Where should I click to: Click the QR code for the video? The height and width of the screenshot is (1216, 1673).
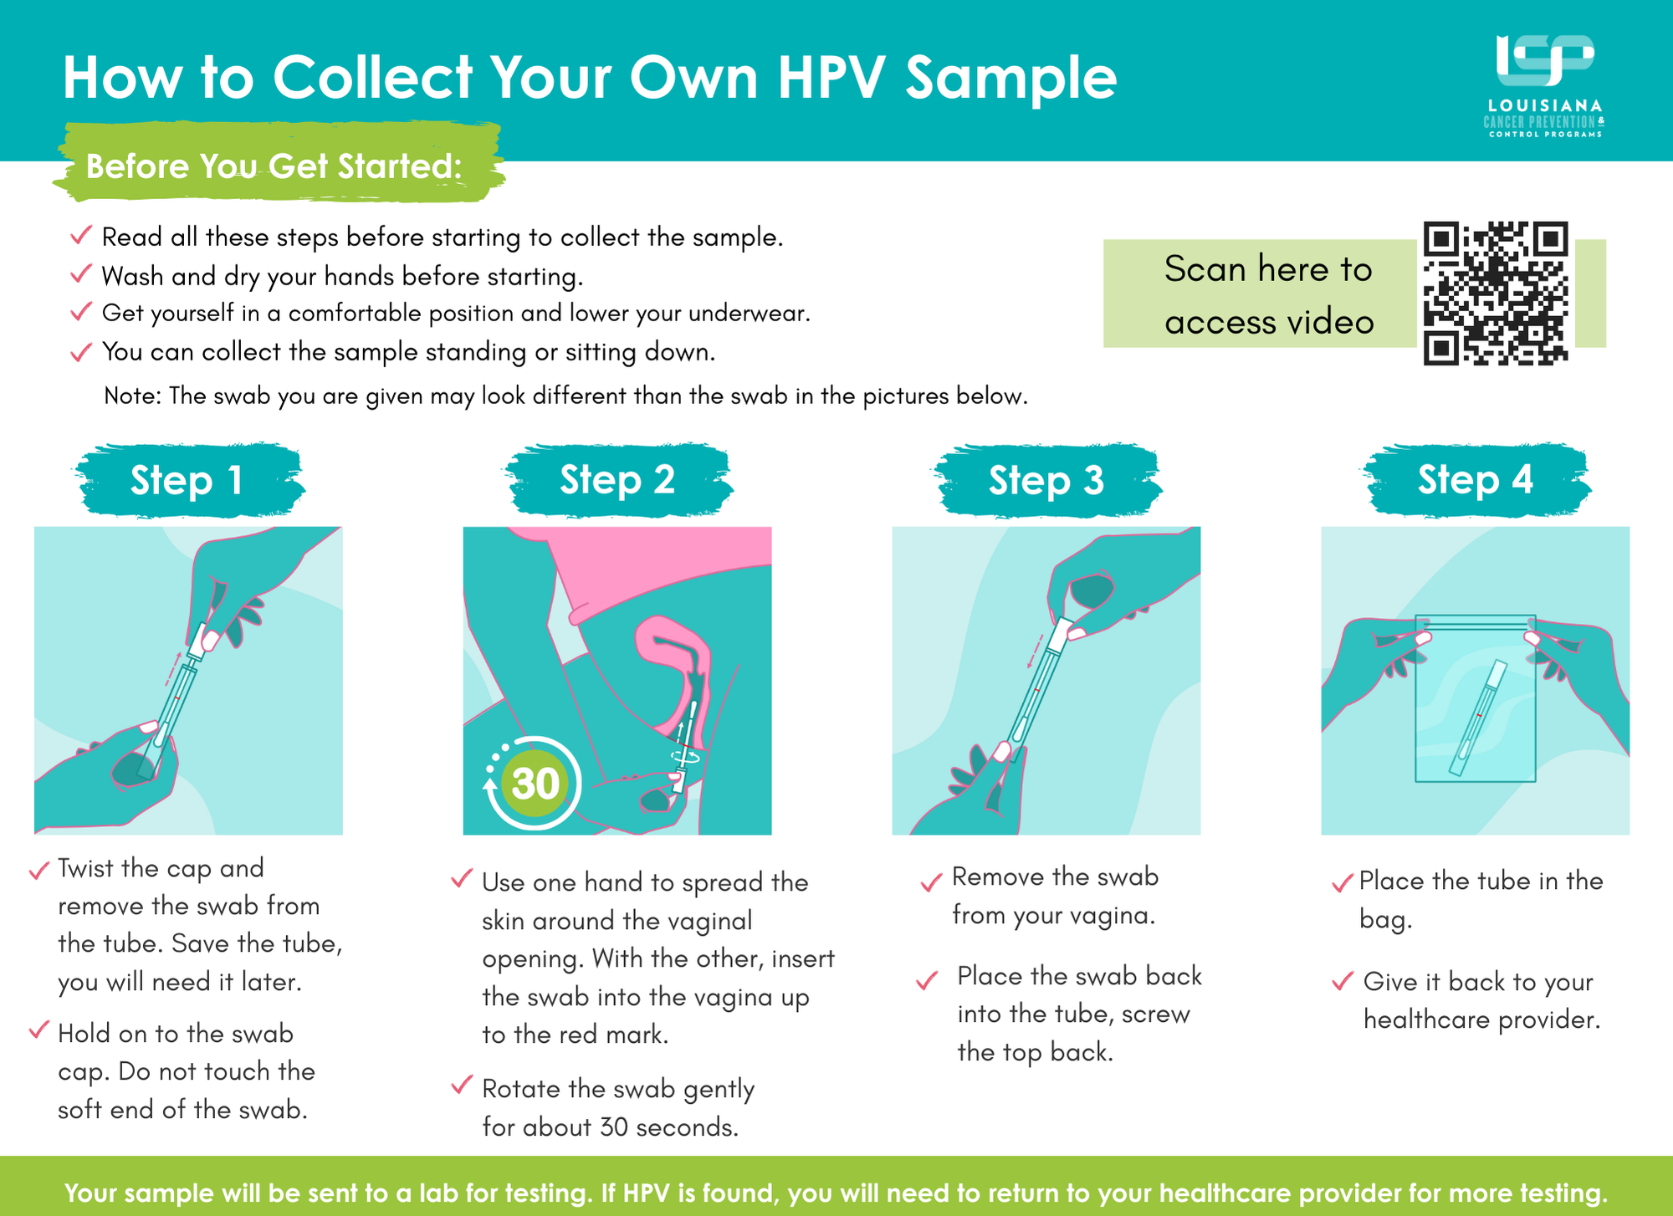pyautogui.click(x=1496, y=294)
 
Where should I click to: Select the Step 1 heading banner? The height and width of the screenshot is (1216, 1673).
pyautogui.click(x=188, y=480)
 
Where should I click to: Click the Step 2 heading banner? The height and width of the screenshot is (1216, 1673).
pyautogui.click(x=618, y=480)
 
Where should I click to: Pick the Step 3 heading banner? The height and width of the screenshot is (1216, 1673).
pyautogui.click(x=1047, y=480)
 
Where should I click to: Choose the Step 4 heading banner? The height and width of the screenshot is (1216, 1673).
pyautogui.click(x=1476, y=480)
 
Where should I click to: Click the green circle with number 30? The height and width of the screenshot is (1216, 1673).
pyautogui.click(x=535, y=784)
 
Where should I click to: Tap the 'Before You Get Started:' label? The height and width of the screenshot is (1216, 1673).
pyautogui.click(x=274, y=166)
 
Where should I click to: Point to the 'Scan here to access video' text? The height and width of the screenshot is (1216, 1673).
pyautogui.click(x=1269, y=295)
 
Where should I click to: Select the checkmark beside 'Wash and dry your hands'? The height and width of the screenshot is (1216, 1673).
pyautogui.click(x=81, y=273)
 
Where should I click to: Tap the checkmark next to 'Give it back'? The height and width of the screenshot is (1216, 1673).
pyautogui.click(x=1342, y=980)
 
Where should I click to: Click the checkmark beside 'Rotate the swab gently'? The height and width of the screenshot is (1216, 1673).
pyautogui.click(x=462, y=1085)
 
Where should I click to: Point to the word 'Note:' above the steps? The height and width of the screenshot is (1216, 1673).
pyautogui.click(x=132, y=396)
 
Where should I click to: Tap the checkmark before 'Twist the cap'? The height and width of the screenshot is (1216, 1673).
pyautogui.click(x=38, y=870)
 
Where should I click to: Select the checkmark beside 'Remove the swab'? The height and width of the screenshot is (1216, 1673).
pyautogui.click(x=931, y=882)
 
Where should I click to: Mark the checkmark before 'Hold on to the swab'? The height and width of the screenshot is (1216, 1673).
pyautogui.click(x=38, y=1030)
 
